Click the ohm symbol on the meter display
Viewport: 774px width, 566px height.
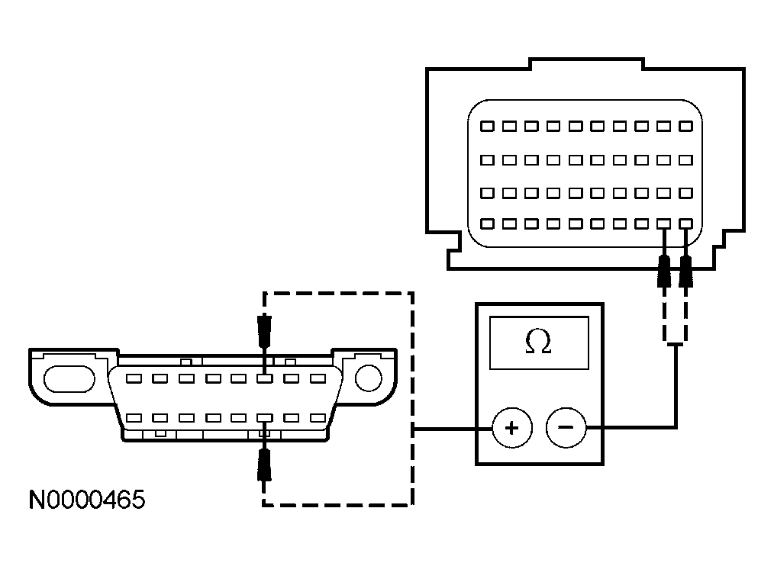(539, 343)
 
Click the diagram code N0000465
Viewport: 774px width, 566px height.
(86, 500)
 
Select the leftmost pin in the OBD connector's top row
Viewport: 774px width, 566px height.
(134, 378)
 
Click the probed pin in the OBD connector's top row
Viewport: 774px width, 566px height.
(264, 378)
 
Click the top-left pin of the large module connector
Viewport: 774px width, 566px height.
(487, 125)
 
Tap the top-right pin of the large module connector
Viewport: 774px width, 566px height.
(686, 125)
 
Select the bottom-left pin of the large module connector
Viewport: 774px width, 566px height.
(487, 224)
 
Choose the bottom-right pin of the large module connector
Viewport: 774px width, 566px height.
(686, 224)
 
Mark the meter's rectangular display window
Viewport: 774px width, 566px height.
(539, 343)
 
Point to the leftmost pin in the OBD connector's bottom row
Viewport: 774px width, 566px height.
(134, 418)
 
